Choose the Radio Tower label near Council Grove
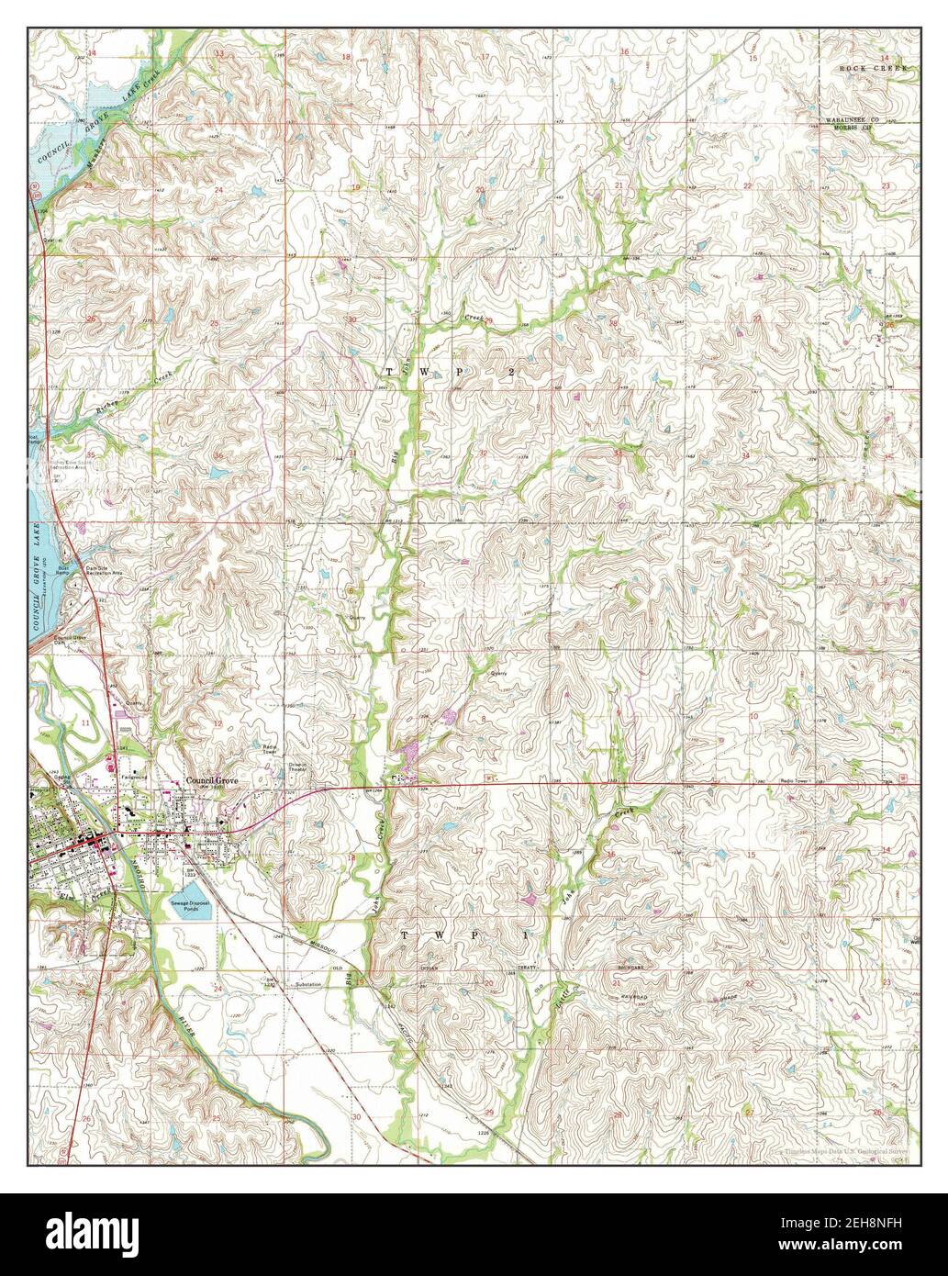tap(270, 748)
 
